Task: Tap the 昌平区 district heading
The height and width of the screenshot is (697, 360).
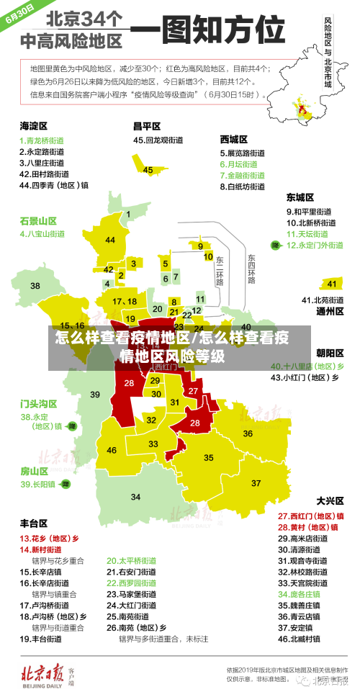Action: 147,126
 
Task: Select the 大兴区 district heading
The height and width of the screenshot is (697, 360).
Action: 330,500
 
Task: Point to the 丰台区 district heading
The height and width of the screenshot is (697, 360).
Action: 34,523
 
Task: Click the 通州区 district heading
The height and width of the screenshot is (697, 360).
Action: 330,311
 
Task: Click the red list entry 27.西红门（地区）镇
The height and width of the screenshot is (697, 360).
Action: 310,516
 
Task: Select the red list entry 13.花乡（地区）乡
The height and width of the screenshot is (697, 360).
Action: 49,538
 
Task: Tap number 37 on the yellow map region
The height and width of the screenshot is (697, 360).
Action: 256,482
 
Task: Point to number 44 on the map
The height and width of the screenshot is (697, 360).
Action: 110,240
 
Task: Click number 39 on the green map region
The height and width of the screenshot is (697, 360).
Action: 95,394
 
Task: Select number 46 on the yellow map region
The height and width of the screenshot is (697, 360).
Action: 112,450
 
